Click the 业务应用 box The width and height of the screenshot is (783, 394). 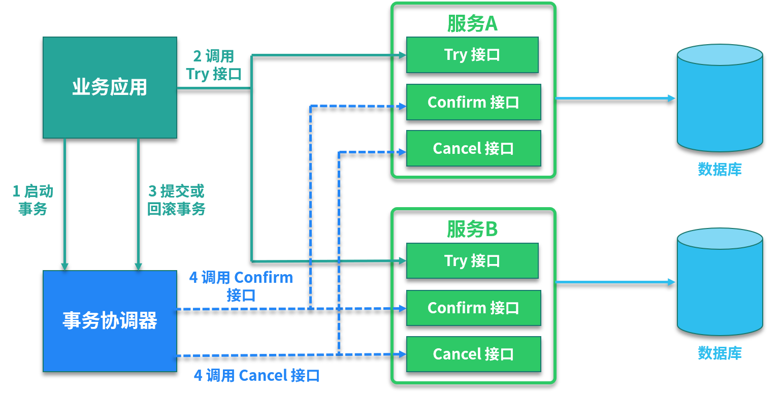(110, 87)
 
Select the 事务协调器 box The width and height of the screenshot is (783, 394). (110, 321)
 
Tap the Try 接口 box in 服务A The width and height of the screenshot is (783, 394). (472, 55)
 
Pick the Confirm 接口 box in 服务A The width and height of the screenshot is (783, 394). (473, 102)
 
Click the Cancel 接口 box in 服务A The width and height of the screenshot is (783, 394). (473, 148)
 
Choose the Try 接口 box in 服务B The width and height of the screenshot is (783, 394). (472, 260)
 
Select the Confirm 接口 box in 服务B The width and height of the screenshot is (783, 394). (473, 308)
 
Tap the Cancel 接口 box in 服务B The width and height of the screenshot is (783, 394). (473, 354)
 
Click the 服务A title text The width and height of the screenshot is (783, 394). (472, 23)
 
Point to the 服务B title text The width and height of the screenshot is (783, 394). (472, 229)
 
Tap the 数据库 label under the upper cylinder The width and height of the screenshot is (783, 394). (720, 169)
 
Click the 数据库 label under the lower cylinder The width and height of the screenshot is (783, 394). (720, 352)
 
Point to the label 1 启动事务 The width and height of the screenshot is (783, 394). (32, 200)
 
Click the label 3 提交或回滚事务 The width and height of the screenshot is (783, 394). (176, 200)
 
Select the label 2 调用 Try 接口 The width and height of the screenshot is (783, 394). (213, 65)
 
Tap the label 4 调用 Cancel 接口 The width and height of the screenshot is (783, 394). (257, 376)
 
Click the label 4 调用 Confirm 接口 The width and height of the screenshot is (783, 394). (241, 286)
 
